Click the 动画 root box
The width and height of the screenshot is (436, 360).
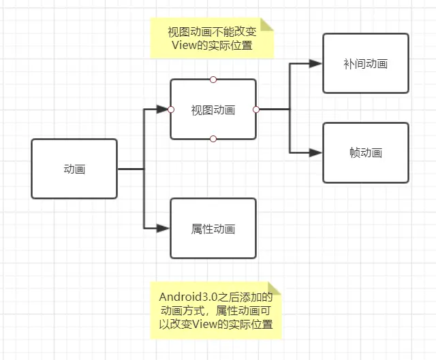(x=74, y=169)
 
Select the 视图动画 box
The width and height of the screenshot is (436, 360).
(x=213, y=110)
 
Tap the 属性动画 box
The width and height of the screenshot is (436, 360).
(x=213, y=229)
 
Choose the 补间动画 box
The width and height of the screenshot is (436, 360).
(x=366, y=63)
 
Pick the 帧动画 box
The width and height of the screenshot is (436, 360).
(x=366, y=152)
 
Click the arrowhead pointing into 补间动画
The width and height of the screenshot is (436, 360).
(x=315, y=63)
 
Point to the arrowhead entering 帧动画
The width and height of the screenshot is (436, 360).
(x=315, y=152)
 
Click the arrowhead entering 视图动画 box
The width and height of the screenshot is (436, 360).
(x=162, y=109)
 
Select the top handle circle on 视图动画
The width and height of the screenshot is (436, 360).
(x=213, y=80)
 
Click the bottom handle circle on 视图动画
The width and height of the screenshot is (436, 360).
(x=213, y=139)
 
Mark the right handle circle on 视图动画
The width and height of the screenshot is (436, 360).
(x=256, y=109)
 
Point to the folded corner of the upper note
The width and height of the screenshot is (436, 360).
(x=267, y=24)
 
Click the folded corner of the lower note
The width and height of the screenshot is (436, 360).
(x=275, y=289)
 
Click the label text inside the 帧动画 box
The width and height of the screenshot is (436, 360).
(x=366, y=152)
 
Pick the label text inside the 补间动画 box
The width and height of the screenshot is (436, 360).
(x=366, y=63)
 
